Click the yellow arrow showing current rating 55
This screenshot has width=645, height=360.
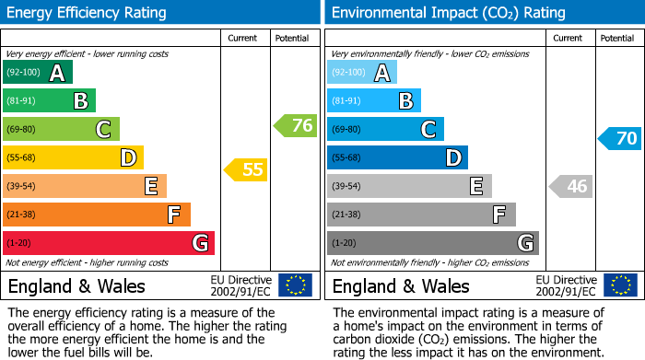click(x=246, y=169)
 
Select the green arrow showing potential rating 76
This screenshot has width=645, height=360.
click(x=296, y=126)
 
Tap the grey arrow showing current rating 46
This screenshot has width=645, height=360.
click(x=570, y=186)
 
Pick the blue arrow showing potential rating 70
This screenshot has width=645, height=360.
click(x=619, y=139)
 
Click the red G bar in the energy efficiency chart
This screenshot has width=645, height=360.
click(x=109, y=243)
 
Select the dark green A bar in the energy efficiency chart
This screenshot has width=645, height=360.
click(x=37, y=73)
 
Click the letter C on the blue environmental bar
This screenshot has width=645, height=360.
click(x=428, y=130)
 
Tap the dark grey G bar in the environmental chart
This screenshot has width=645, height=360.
click(x=432, y=243)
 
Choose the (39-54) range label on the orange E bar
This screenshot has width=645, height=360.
click(x=22, y=186)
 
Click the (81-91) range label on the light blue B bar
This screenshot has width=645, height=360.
click(x=346, y=101)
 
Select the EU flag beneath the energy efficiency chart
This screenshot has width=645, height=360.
click(x=295, y=285)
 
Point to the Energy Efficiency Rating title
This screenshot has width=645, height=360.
click(x=87, y=13)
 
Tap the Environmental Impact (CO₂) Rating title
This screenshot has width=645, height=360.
click(x=448, y=13)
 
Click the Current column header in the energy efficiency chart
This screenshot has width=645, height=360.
click(x=243, y=38)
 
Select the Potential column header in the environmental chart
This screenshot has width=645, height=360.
click(x=617, y=38)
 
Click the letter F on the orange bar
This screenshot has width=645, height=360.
click(x=172, y=215)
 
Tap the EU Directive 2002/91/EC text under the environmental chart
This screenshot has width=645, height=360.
click(x=566, y=285)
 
